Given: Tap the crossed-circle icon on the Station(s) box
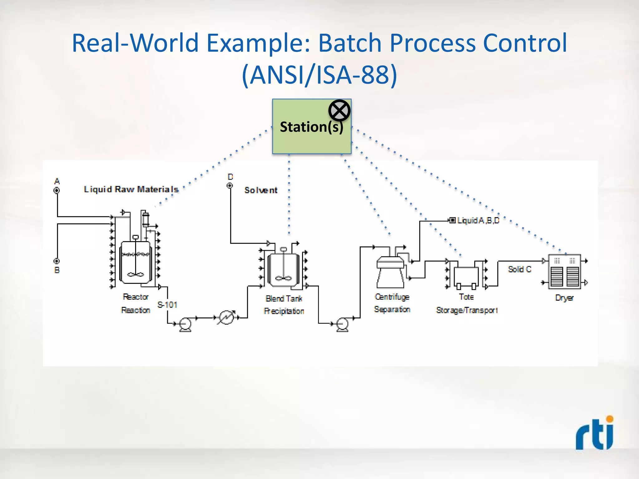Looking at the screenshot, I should coord(339,110).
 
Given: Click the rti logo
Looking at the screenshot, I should coord(594,433).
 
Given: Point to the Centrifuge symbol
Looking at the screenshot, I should coord(390,271).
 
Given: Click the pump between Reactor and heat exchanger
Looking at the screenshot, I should coord(185,324).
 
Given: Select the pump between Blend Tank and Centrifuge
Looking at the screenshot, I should coord(342,324).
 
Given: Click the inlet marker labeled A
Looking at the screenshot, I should coord(57,190).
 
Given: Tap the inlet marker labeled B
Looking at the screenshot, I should coord(56,261).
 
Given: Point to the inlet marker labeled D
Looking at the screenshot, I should coord(230,186).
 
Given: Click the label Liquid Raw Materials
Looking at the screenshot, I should coord(131,189).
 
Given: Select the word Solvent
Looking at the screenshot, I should coord(261,190).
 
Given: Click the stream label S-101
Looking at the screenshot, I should coord(167,305).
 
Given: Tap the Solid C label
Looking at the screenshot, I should coord(519,269).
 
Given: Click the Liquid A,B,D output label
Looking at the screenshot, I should coord(478,220).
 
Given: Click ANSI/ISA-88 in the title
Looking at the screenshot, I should coord(319,75).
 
